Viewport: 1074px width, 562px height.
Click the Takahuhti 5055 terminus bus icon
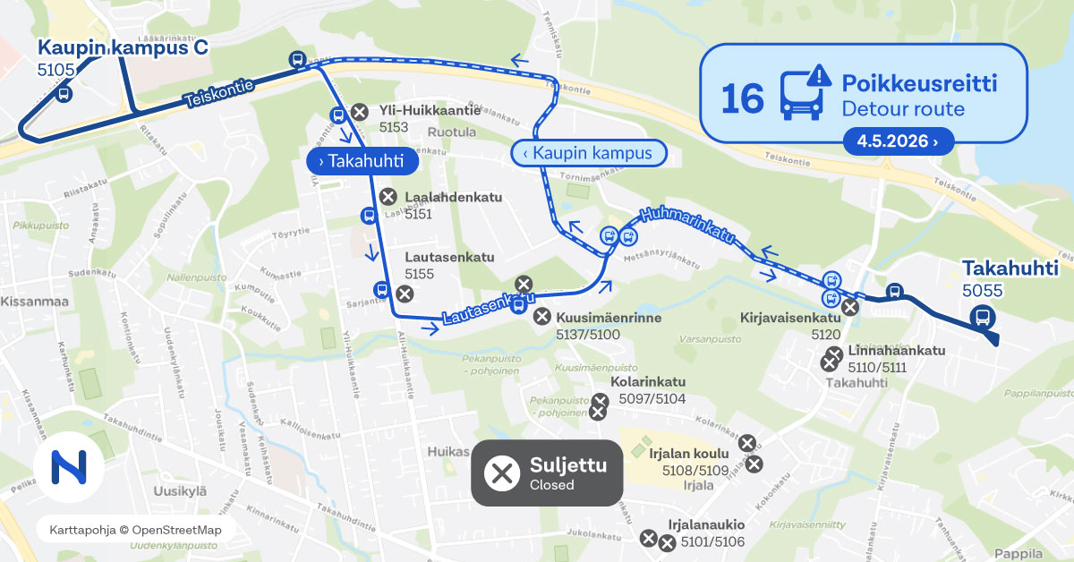(x=982, y=317)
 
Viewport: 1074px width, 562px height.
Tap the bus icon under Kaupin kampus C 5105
(x=64, y=93)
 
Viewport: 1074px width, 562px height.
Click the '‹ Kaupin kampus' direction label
(x=587, y=153)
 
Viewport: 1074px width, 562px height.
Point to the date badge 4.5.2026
(x=898, y=141)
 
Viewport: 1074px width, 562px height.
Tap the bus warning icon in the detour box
(x=801, y=93)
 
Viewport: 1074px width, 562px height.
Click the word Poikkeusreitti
(x=919, y=84)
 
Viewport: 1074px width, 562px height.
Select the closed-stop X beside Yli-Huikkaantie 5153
(x=359, y=112)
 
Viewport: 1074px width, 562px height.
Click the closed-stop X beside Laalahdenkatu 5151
(x=388, y=197)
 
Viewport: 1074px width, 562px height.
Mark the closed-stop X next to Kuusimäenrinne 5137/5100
(x=541, y=316)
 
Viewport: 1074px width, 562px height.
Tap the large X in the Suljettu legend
(x=502, y=473)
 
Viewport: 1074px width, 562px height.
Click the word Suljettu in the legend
(x=568, y=465)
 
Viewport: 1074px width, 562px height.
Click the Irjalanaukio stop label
(x=706, y=524)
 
